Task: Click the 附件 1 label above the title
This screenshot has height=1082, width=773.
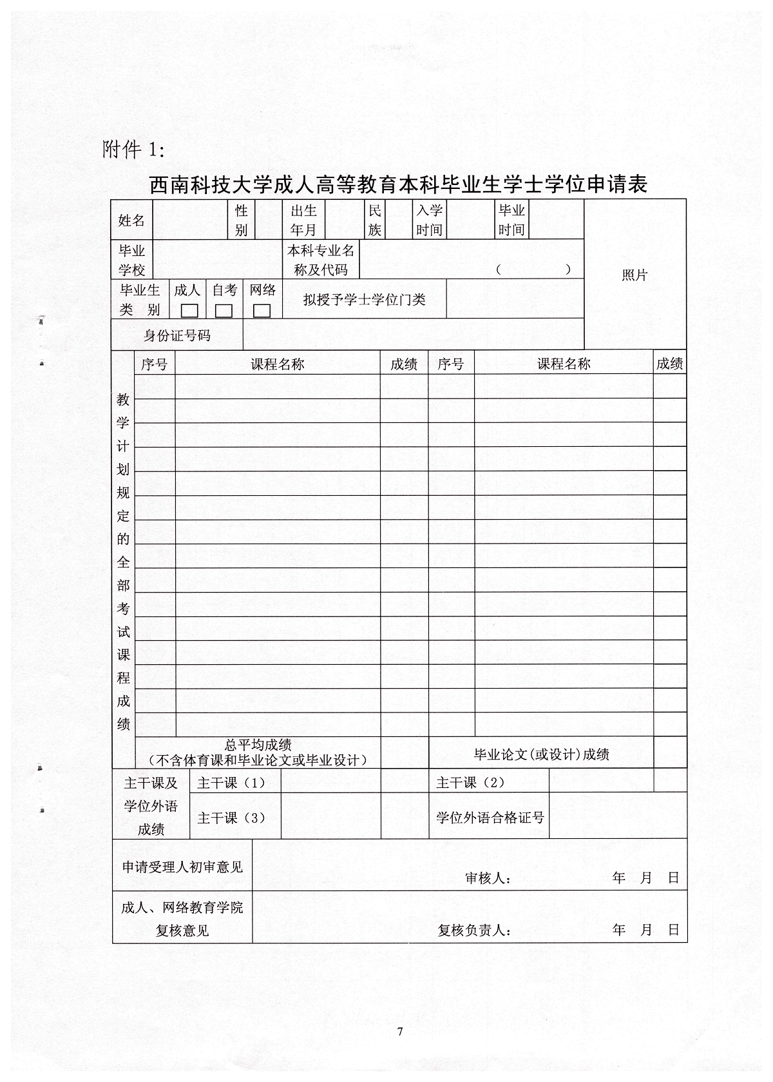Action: pyautogui.click(x=134, y=150)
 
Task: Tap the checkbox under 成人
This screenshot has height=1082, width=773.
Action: pyautogui.click(x=189, y=311)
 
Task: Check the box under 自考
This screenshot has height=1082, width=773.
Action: pyautogui.click(x=224, y=311)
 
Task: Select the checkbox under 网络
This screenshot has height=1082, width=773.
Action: pyautogui.click(x=262, y=311)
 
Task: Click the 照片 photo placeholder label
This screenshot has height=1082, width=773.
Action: pyautogui.click(x=635, y=275)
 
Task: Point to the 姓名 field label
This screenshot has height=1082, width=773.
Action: pyautogui.click(x=131, y=220)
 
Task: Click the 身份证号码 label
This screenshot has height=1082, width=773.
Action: pyautogui.click(x=177, y=335)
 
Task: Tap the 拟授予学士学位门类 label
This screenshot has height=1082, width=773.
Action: pyautogui.click(x=365, y=299)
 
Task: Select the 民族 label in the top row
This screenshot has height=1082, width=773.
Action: pyautogui.click(x=374, y=220)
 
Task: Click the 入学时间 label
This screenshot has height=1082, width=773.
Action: pyautogui.click(x=429, y=220)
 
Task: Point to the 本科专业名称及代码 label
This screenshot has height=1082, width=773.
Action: pyautogui.click(x=321, y=260)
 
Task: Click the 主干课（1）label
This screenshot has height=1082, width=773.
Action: pyautogui.click(x=231, y=783)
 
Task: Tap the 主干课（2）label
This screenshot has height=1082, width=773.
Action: pyautogui.click(x=471, y=782)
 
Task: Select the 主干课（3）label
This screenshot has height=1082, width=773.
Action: pyautogui.click(x=231, y=818)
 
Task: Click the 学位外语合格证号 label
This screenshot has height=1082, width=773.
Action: pyautogui.click(x=490, y=818)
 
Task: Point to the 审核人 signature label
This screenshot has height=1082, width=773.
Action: pyautogui.click(x=488, y=878)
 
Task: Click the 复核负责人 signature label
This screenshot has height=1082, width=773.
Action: pyautogui.click(x=475, y=930)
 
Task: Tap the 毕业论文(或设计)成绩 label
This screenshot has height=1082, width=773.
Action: pyautogui.click(x=542, y=754)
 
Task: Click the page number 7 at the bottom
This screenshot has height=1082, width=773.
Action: pyautogui.click(x=400, y=1032)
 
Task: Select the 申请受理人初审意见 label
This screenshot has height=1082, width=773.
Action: pyautogui.click(x=183, y=867)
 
